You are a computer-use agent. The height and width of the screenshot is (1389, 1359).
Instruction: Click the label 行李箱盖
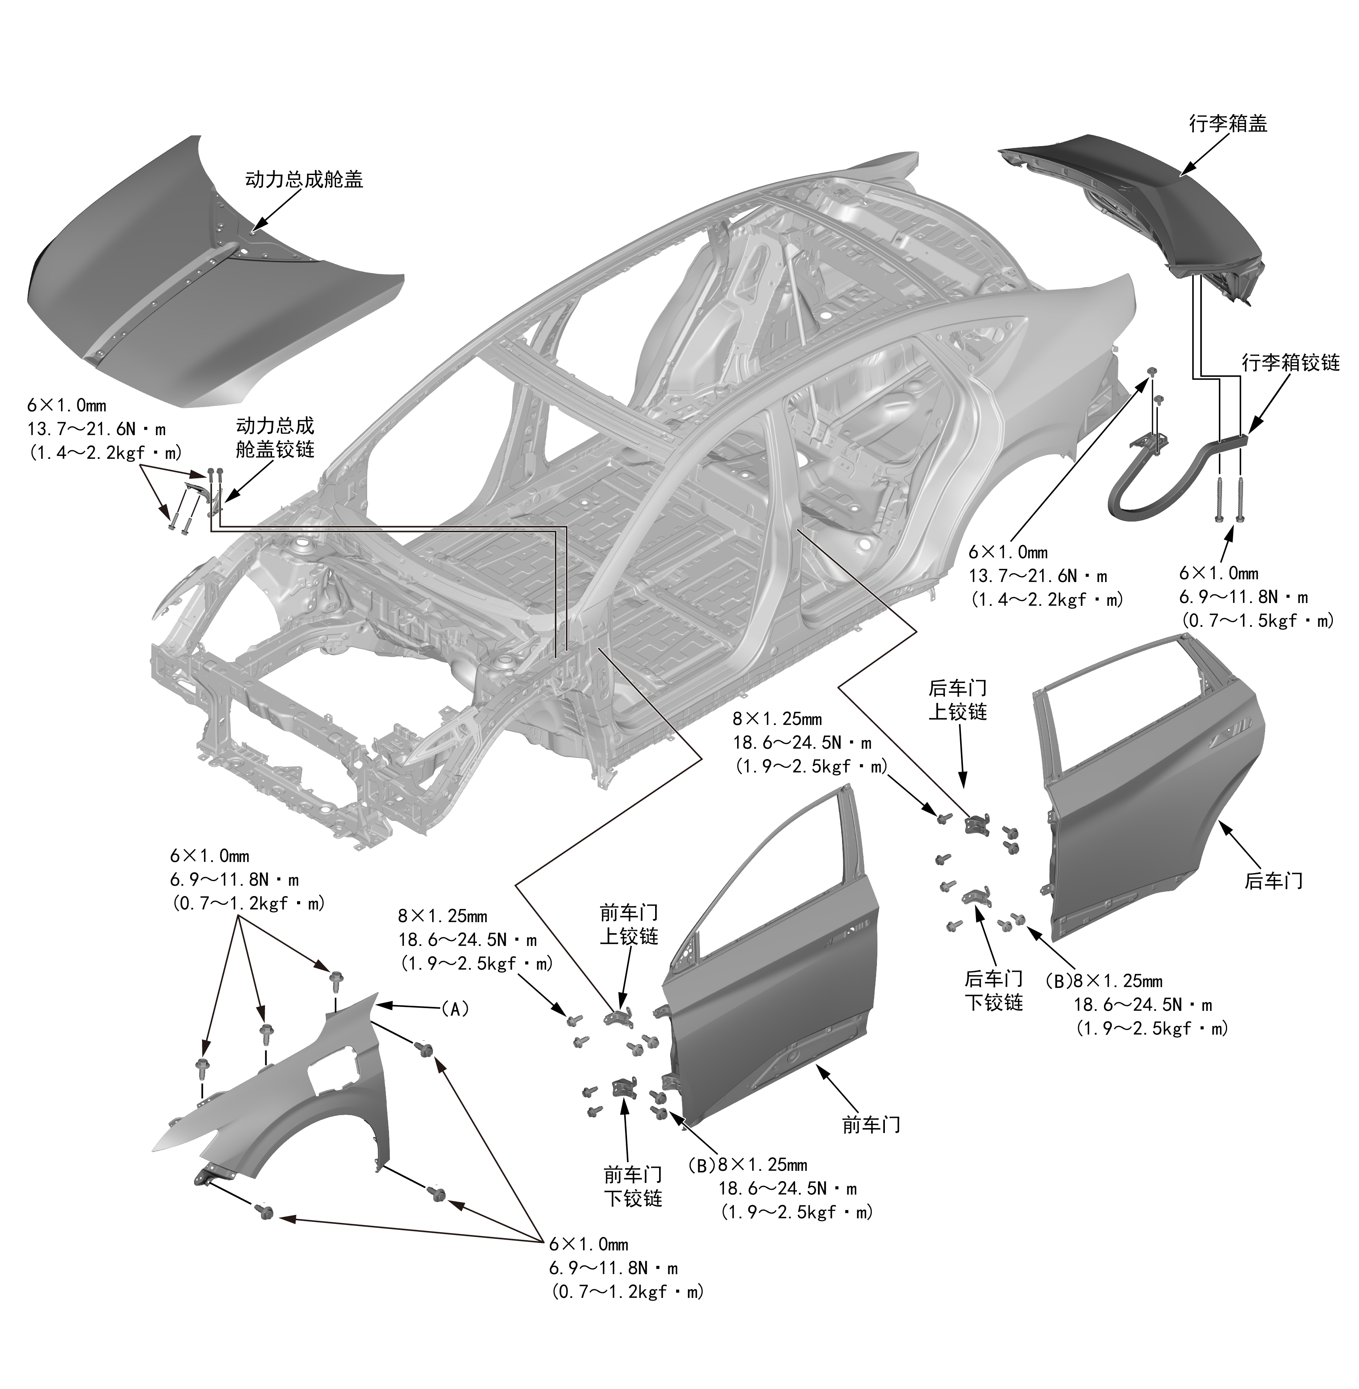(x=1227, y=124)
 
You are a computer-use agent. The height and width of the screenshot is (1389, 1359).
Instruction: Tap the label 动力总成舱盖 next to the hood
(x=304, y=179)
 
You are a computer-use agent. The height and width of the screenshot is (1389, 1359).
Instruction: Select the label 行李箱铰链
(x=1290, y=362)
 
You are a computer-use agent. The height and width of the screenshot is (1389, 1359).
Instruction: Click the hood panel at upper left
(x=214, y=300)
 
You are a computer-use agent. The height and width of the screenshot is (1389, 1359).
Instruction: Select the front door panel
(x=771, y=1013)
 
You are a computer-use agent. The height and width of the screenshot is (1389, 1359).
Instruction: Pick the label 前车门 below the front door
(x=871, y=1125)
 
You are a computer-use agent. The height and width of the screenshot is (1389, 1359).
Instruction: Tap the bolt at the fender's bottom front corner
(x=265, y=1211)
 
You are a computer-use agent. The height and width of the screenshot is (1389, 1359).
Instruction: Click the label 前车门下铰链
(x=633, y=1186)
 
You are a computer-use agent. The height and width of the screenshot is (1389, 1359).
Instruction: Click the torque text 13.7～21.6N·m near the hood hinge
(x=96, y=429)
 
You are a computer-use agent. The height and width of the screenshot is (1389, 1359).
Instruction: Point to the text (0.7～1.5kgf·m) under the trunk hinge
(x=1257, y=621)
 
